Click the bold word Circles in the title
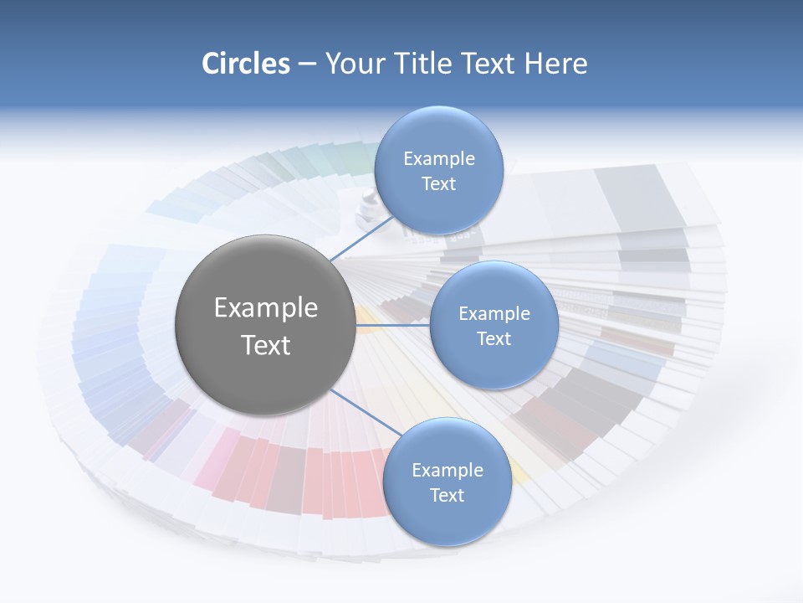coord(245,64)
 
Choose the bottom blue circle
coord(447,520)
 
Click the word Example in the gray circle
coord(266,308)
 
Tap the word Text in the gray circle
coord(266,345)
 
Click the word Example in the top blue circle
coord(439,158)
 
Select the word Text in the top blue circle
coord(438,184)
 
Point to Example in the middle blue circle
coord(494,314)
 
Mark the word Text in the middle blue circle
coord(494,339)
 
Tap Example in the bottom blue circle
coord(448,471)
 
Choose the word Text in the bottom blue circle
coord(447,496)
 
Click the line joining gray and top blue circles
coord(362,240)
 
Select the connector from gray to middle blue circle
coord(393,325)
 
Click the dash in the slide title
coord(307,64)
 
